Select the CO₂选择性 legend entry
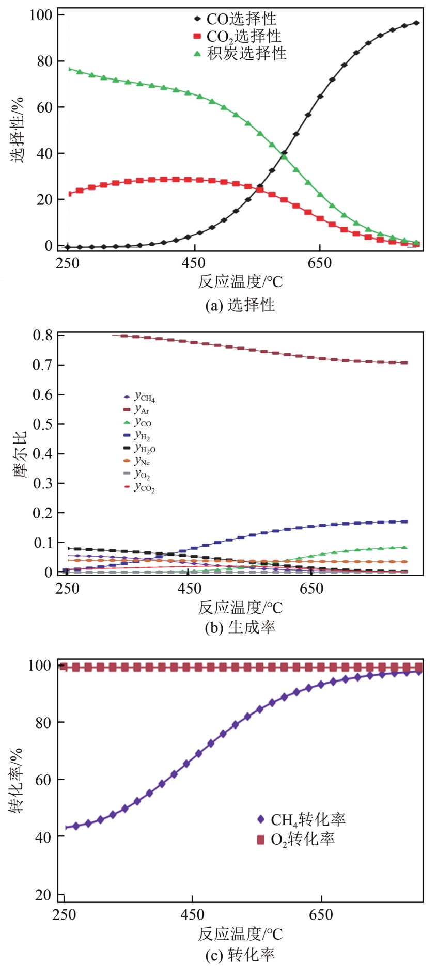(x=243, y=36)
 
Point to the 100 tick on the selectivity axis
(x=41, y=15)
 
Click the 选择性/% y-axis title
(x=18, y=129)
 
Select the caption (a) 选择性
(x=240, y=305)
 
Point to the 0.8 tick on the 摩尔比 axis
(x=43, y=336)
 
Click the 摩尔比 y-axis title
(x=20, y=454)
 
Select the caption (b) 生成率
(x=240, y=627)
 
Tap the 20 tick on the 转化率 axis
(x=43, y=895)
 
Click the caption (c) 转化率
(x=240, y=955)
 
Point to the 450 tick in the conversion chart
(x=192, y=915)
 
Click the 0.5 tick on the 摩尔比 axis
(x=43, y=424)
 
